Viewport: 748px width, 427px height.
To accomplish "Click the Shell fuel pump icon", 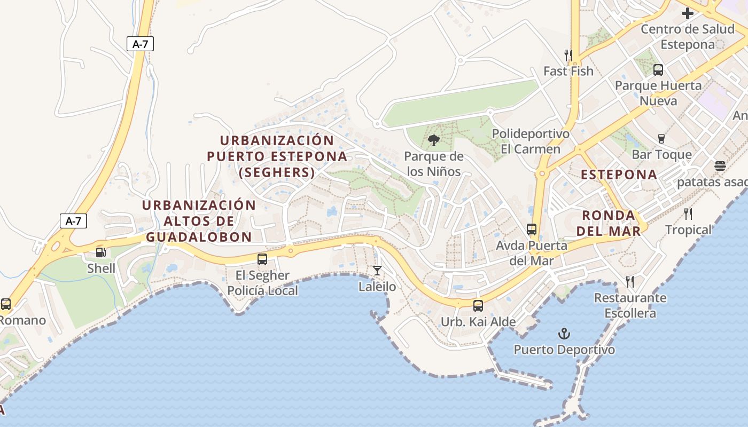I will pyautogui.click(x=100, y=252).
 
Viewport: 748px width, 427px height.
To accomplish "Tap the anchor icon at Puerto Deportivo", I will pyautogui.click(x=564, y=334).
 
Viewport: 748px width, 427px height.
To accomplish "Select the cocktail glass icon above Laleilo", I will pyautogui.click(x=377, y=271).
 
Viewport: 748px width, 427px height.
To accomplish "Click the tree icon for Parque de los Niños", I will pyautogui.click(x=434, y=140).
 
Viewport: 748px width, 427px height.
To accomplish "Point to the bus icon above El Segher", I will pyautogui.click(x=262, y=259).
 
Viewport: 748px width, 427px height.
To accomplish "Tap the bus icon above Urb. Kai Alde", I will pyautogui.click(x=478, y=306).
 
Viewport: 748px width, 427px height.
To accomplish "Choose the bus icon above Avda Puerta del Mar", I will pyautogui.click(x=532, y=230).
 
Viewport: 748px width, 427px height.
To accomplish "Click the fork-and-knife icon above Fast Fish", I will pyautogui.click(x=568, y=55).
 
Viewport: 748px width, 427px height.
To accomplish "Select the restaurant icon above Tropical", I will pyautogui.click(x=688, y=214).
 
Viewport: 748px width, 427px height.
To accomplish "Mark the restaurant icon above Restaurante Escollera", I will pyautogui.click(x=630, y=281).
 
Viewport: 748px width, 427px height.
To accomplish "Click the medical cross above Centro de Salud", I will pyautogui.click(x=688, y=13).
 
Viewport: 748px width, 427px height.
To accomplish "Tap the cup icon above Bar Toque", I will pyautogui.click(x=661, y=139).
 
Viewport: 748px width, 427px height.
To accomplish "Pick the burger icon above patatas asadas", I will pyautogui.click(x=720, y=166).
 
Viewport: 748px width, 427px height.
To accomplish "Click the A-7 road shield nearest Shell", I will pyautogui.click(x=73, y=220).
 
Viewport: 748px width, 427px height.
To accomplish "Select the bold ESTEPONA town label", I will pyautogui.click(x=619, y=175).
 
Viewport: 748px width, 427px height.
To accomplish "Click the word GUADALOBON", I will pyautogui.click(x=199, y=237).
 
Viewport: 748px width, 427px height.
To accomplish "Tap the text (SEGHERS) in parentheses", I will pyautogui.click(x=277, y=172).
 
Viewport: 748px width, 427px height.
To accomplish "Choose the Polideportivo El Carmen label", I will pyautogui.click(x=531, y=141).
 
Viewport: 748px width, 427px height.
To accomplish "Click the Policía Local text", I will pyautogui.click(x=263, y=291).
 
